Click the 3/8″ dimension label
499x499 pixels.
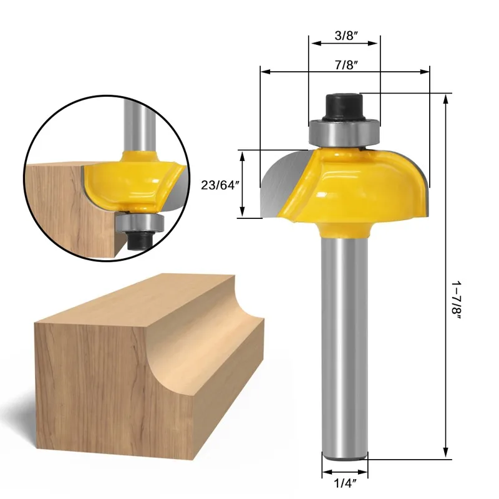click(x=344, y=36)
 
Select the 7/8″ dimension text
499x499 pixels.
click(x=344, y=64)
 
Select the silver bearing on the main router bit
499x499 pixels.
click(x=344, y=132)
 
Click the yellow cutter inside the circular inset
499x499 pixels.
click(x=134, y=181)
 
